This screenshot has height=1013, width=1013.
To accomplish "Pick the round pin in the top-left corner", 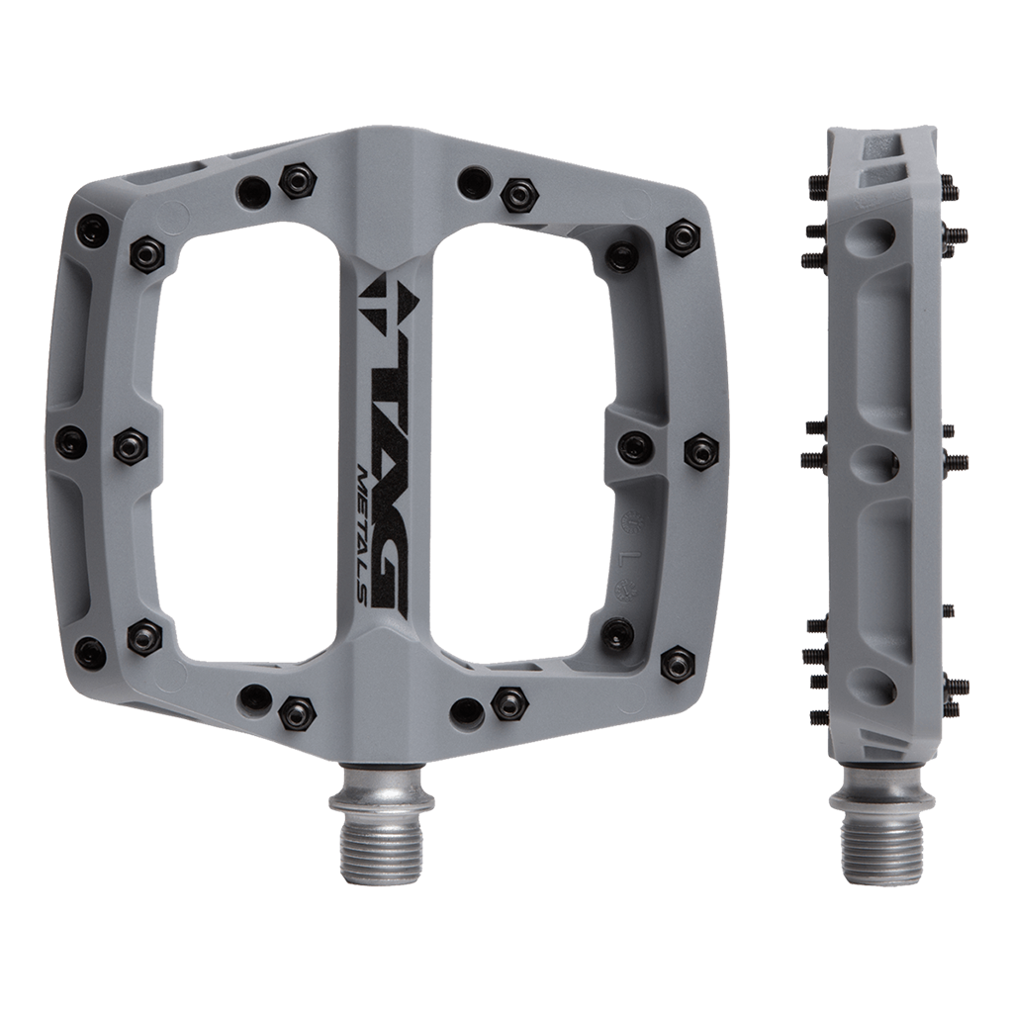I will pyautogui.click(x=91, y=231).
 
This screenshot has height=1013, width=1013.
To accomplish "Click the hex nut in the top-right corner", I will pyautogui.click(x=682, y=236).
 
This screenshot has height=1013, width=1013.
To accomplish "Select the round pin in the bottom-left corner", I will pyautogui.click(x=91, y=652).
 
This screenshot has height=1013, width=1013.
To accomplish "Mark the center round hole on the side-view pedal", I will pyautogui.click(x=882, y=461).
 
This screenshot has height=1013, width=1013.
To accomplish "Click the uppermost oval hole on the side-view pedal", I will pyautogui.click(x=878, y=234).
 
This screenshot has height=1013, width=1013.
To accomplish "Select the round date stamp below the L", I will pyautogui.click(x=624, y=592).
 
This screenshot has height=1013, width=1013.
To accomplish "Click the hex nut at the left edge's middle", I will pyautogui.click(x=131, y=446).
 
